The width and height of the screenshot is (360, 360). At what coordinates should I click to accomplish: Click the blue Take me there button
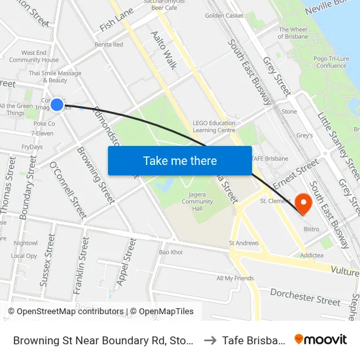[180, 160]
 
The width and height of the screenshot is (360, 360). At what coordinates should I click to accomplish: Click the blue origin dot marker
[57, 104]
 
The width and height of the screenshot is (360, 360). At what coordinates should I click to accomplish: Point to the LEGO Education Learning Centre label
[214, 126]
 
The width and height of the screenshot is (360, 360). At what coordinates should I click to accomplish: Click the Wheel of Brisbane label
[293, 33]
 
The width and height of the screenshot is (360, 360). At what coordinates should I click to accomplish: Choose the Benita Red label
[109, 45]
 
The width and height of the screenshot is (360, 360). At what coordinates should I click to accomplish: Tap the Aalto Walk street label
[164, 45]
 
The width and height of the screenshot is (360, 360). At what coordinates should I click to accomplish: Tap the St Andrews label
[243, 243]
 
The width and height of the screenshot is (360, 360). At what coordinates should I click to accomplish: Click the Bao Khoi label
[171, 252]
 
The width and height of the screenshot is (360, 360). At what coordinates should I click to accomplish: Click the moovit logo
[321, 339]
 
